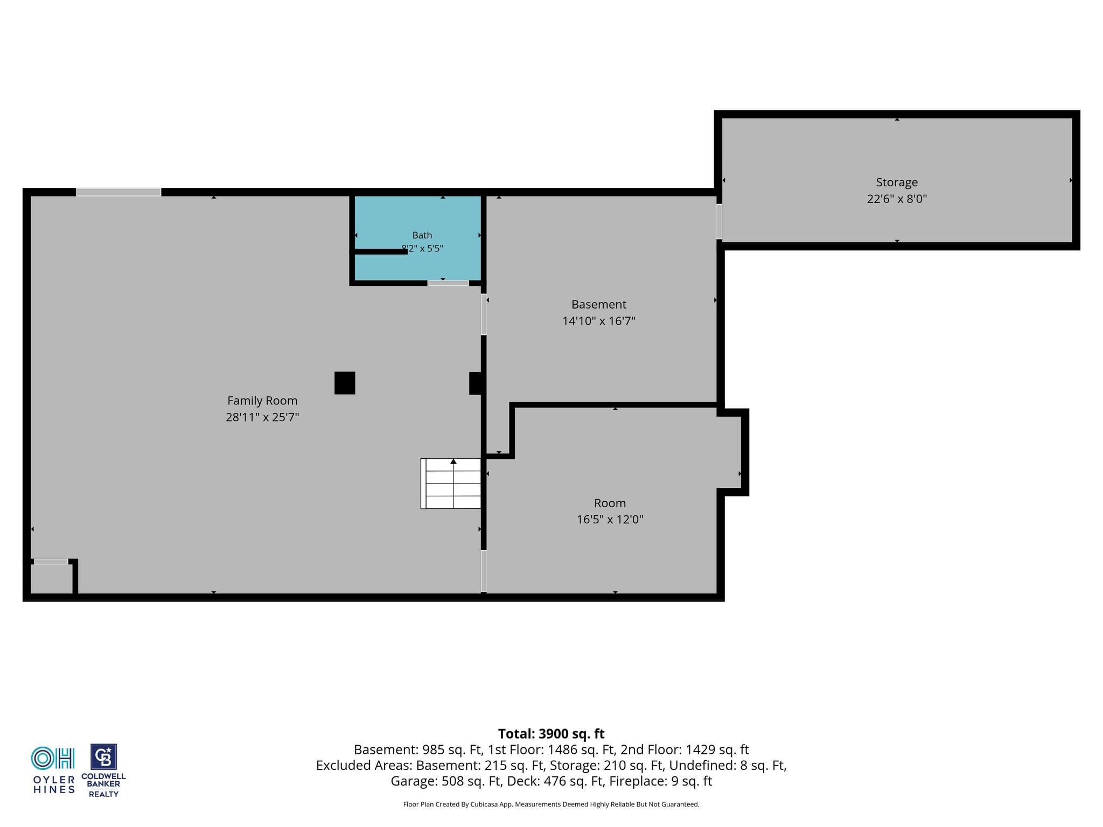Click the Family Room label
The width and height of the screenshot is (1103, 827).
pyautogui.click(x=262, y=401)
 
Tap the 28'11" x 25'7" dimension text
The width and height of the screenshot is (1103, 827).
pyautogui.click(x=262, y=417)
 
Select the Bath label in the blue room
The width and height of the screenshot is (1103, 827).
pyautogui.click(x=422, y=235)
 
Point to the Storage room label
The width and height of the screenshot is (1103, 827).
pyautogui.click(x=897, y=183)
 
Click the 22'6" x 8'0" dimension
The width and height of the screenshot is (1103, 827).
pyautogui.click(x=897, y=199)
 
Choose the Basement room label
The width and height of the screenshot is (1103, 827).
pyautogui.click(x=599, y=304)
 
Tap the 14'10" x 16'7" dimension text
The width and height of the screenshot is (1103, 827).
pyautogui.click(x=599, y=321)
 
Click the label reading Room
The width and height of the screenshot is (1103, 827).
pyautogui.click(x=610, y=503)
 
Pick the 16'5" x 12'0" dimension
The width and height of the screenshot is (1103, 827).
pyautogui.click(x=610, y=520)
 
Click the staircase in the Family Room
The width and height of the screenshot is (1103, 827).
pyautogui.click(x=451, y=483)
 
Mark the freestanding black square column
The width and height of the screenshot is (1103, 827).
pyautogui.click(x=345, y=383)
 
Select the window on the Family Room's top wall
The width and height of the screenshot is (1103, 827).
pyautogui.click(x=118, y=192)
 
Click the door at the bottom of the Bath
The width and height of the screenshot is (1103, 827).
pyautogui.click(x=448, y=283)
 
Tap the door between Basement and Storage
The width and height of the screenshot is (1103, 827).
pyautogui.click(x=719, y=221)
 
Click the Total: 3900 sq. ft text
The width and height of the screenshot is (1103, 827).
pyautogui.click(x=551, y=734)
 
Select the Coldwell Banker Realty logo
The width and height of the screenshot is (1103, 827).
pyautogui.click(x=103, y=770)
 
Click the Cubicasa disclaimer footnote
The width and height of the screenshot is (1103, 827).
pyautogui.click(x=551, y=804)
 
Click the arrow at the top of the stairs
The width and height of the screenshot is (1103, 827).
pyautogui.click(x=453, y=461)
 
